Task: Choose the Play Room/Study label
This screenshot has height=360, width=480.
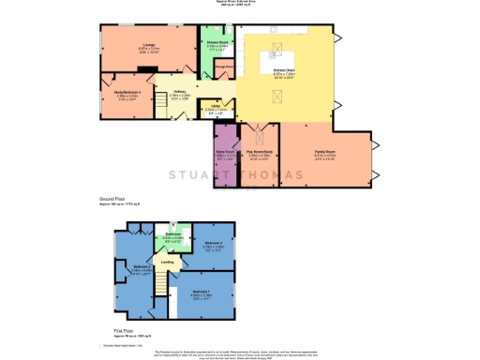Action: tap(259, 153)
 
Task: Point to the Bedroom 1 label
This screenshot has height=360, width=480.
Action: tap(202, 292)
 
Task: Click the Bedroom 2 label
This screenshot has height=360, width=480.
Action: tap(142, 268)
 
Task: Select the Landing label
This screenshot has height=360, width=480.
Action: tap(167, 262)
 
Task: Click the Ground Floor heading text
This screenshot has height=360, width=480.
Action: tap(112, 200)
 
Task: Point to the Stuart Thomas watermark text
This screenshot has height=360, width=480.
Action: tap(234, 176)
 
